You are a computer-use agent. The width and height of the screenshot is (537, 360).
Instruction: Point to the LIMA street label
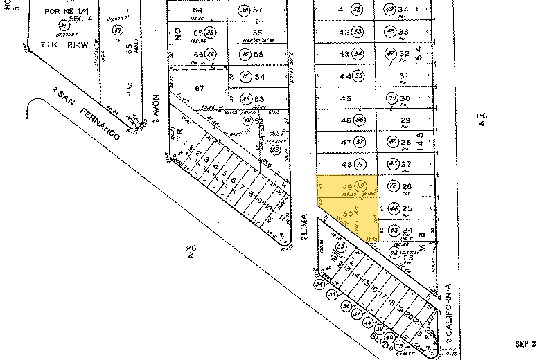[303, 226]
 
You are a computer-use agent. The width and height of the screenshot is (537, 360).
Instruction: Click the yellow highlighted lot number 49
[346, 187]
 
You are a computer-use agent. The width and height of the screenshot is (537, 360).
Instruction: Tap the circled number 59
[360, 186]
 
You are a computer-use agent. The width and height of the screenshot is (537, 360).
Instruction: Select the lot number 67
[199, 88]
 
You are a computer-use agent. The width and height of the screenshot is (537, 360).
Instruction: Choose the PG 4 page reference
[484, 119]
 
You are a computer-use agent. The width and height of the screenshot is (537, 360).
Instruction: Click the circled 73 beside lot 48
[360, 164]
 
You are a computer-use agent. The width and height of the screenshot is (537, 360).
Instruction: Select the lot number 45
[346, 98]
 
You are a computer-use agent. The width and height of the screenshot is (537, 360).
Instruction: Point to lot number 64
[198, 10]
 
